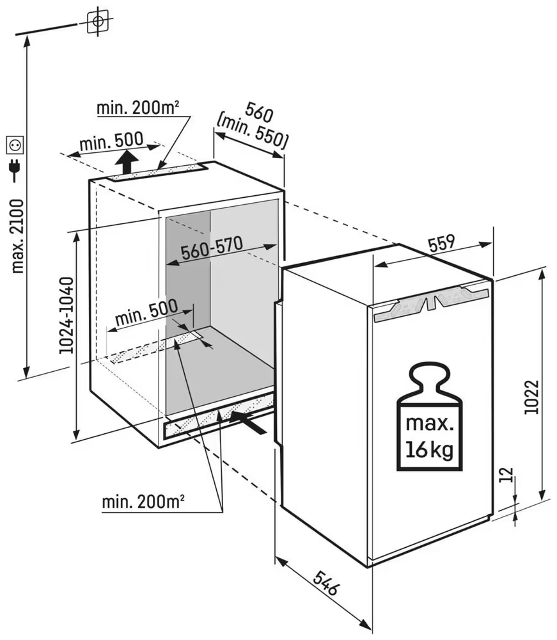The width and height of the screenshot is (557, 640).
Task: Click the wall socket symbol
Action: click(x=14, y=145)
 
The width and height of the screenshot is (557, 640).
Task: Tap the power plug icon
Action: click(x=14, y=169)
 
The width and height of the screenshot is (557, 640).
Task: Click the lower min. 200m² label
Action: click(x=144, y=502)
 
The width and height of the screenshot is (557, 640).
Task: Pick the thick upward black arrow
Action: click(x=129, y=162)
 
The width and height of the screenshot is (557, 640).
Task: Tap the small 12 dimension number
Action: click(x=507, y=475)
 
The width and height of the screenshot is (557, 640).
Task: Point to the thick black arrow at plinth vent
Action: click(x=248, y=423)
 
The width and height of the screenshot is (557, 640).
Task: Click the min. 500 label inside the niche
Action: click(x=146, y=312)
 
